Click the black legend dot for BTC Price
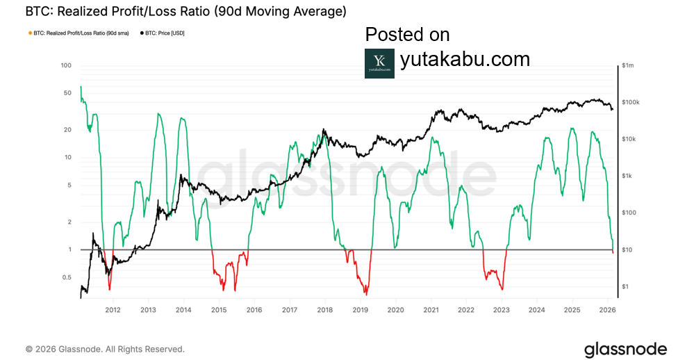pyautogui.click(x=142, y=33)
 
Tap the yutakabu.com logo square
pyautogui.click(x=379, y=63)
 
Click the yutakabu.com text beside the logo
pyautogui.click(x=465, y=59)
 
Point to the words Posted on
pyautogui.click(x=407, y=35)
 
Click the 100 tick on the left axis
pyautogui.click(x=66, y=66)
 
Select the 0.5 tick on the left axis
pyautogui.click(x=66, y=277)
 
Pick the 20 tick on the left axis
pyautogui.click(x=67, y=130)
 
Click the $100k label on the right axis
pyautogui.click(x=629, y=103)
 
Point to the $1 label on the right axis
pyautogui.click(x=625, y=286)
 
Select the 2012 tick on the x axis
pyautogui.click(x=113, y=310)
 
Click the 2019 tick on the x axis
pyautogui.click(x=360, y=310)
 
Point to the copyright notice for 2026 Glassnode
pyautogui.click(x=105, y=349)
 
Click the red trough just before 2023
pyautogui.click(x=501, y=288)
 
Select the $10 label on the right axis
pyautogui.click(x=627, y=249)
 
